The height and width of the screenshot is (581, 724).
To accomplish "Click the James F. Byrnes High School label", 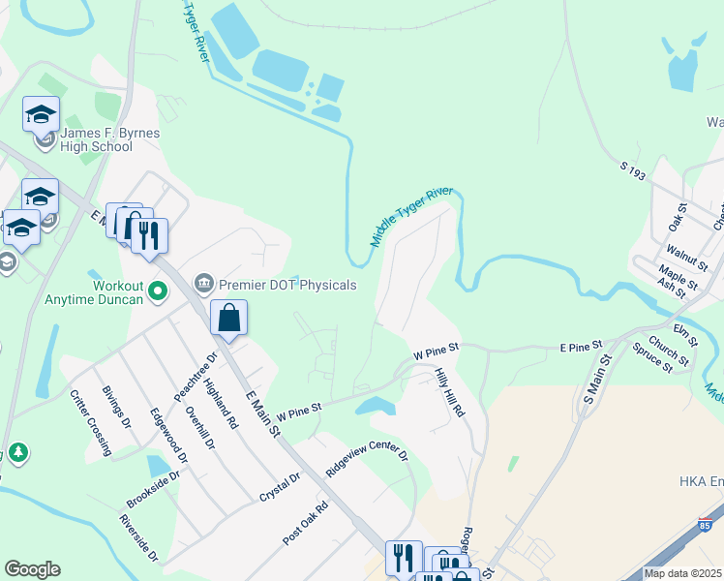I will click(97, 139).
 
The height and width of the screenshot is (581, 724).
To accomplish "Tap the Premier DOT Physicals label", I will click(288, 285).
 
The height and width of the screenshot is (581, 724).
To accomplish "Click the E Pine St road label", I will click(581, 344).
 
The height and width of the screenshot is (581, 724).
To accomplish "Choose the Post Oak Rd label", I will click(306, 524).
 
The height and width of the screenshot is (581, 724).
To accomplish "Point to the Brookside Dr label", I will click(152, 489).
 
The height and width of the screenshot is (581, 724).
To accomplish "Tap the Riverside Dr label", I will click(137, 538).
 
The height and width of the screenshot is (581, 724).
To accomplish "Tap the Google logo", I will click(32, 569).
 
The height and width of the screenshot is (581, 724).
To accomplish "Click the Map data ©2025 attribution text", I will click(683, 573).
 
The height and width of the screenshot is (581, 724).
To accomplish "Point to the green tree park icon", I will click(17, 453).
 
